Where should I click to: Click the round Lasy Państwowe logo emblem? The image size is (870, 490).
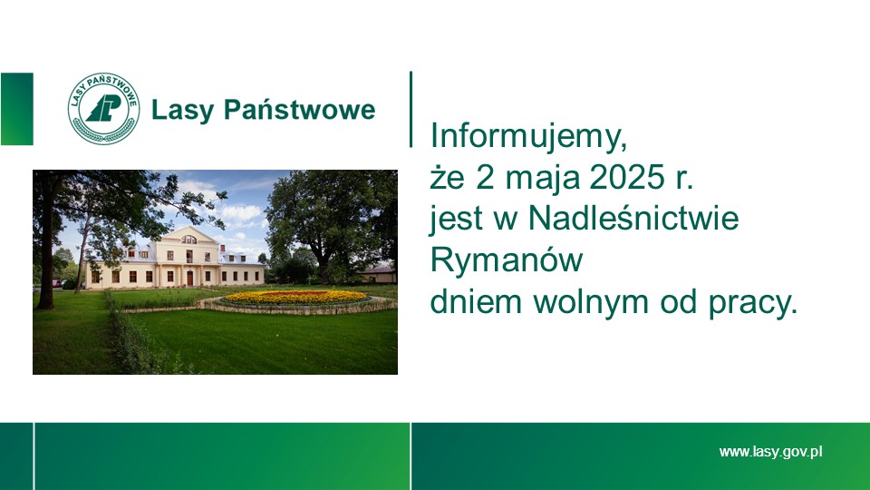click(103, 109)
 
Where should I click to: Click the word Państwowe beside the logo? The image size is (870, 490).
click(300, 110)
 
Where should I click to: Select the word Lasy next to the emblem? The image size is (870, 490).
click(182, 111)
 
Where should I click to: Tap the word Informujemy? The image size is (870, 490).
click(528, 137)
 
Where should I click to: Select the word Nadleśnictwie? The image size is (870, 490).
click(633, 218)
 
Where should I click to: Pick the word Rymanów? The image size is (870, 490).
click(507, 261)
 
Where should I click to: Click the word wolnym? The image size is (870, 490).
click(591, 302)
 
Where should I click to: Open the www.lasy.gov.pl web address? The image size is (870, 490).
click(770, 452)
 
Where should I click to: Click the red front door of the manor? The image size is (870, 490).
click(189, 278)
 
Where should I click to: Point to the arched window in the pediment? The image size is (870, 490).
click(189, 240)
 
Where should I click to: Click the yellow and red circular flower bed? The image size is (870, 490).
click(297, 298)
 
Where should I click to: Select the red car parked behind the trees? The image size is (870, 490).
click(57, 283)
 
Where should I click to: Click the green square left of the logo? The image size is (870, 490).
click(16, 109)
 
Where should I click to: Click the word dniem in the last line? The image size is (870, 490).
click(476, 302)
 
